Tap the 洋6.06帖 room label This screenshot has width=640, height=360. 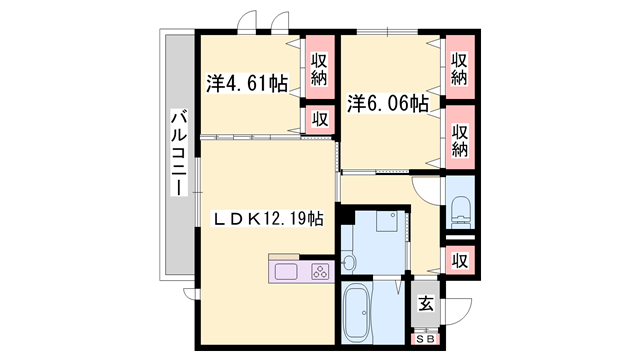388,103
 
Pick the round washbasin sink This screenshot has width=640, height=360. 348,263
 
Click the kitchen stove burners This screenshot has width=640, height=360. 320,271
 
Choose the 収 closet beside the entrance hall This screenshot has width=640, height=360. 460,259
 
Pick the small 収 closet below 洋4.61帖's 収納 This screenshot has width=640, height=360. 320,119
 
